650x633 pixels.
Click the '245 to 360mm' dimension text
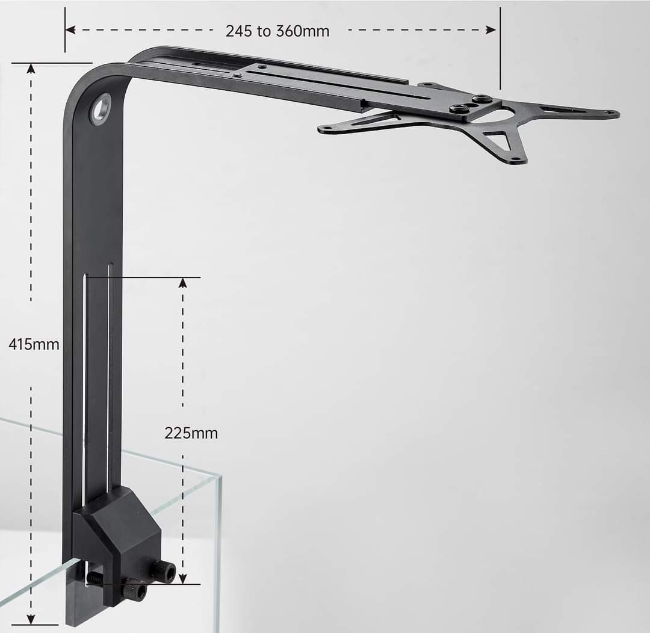(277, 31)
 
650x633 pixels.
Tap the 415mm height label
(34, 345)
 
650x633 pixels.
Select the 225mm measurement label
(191, 433)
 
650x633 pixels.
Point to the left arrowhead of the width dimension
(70, 29)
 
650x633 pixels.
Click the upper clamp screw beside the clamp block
(165, 571)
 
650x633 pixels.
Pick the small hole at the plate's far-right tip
(611, 113)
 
